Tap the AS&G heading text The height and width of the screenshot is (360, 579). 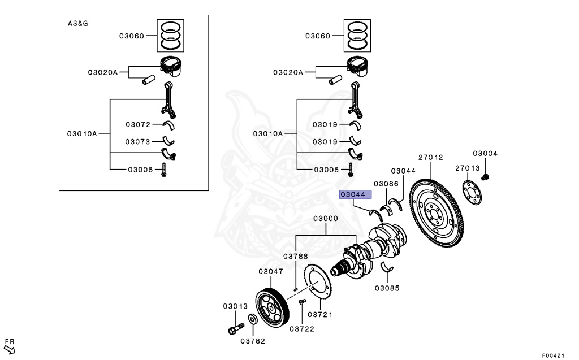click(77, 24)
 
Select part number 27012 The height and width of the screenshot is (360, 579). click(430, 158)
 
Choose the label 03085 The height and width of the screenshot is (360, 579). click(387, 288)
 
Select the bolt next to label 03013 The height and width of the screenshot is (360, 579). click(235, 327)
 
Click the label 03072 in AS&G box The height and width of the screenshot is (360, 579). click(138, 124)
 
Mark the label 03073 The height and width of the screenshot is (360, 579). click(138, 142)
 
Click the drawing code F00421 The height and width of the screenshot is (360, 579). click(553, 355)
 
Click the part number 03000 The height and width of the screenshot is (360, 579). click(326, 219)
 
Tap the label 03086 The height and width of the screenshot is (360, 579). click(386, 184)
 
